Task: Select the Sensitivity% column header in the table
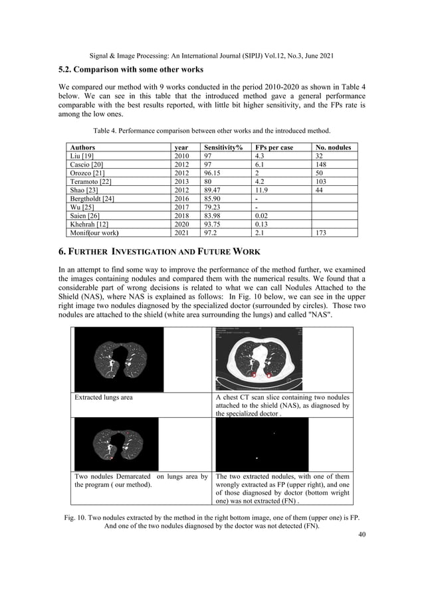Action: coord(223,147)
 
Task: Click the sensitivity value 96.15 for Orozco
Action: coord(215,173)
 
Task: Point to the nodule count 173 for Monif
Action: coord(322,233)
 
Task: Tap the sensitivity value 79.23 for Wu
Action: coord(213,207)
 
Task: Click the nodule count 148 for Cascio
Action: coord(322,164)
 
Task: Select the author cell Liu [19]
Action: coord(84,155)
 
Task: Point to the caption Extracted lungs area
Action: coord(104,397)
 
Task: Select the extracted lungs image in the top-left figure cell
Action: coord(119,359)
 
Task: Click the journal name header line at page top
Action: coord(211,51)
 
